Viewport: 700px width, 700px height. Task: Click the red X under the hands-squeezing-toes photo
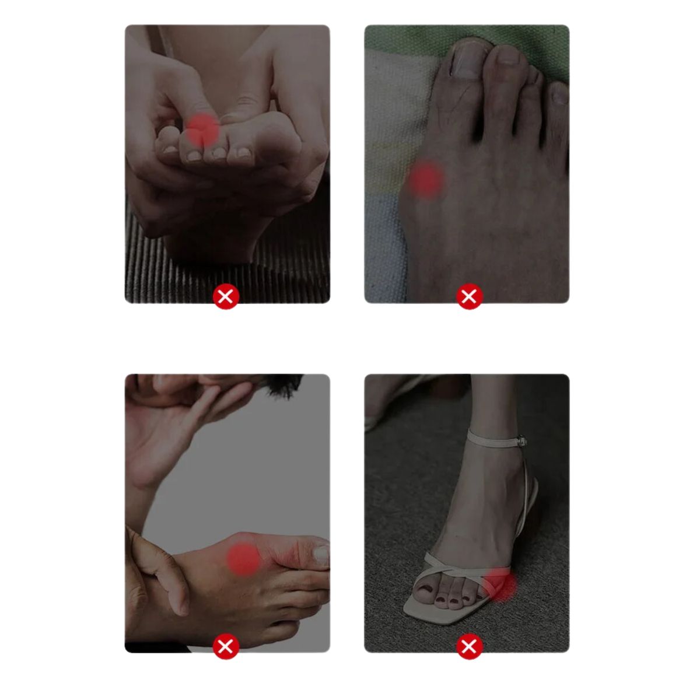tap(226, 297)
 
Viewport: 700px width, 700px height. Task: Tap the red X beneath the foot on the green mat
tap(469, 297)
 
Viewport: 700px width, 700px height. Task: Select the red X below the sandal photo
tap(468, 646)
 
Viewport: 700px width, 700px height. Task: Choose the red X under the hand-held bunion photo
tap(226, 646)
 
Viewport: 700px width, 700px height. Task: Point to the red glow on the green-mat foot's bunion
tap(426, 178)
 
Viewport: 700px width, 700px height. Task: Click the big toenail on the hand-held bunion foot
tap(321, 554)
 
